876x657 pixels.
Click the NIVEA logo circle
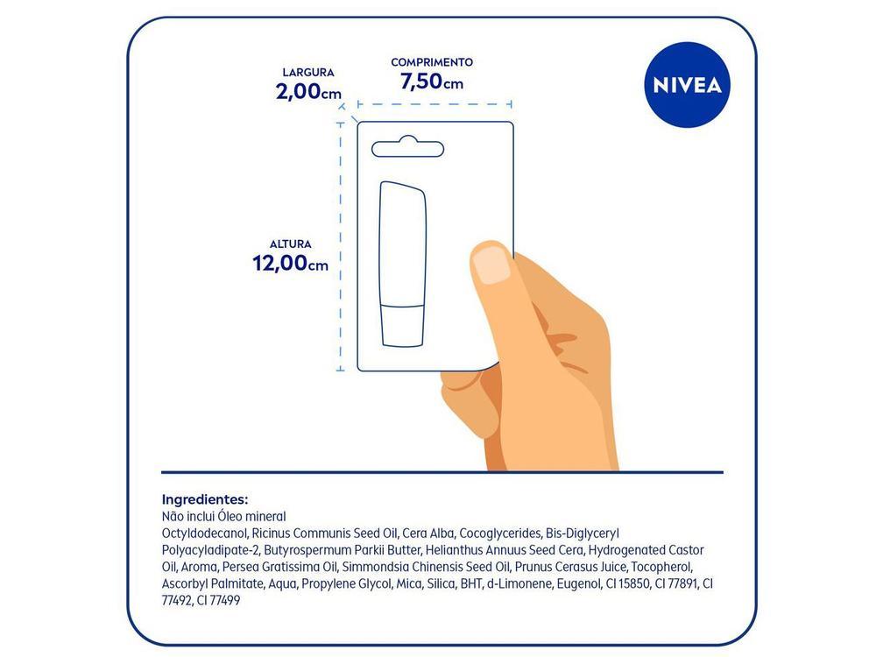(688, 85)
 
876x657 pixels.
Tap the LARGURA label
(307, 73)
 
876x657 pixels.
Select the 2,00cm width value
(307, 91)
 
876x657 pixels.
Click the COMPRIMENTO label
(431, 62)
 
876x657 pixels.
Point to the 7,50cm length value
(431, 82)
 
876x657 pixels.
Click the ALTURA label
(290, 244)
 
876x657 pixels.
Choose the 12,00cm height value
(290, 263)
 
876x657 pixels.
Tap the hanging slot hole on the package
(406, 147)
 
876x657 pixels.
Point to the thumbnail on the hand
(491, 264)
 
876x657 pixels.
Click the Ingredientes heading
(205, 498)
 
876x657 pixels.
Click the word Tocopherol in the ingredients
(662, 567)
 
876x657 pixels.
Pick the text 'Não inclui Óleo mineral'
(224, 517)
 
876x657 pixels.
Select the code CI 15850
(625, 583)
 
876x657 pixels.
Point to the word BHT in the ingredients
(471, 583)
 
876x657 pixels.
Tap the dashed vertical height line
(341, 245)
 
